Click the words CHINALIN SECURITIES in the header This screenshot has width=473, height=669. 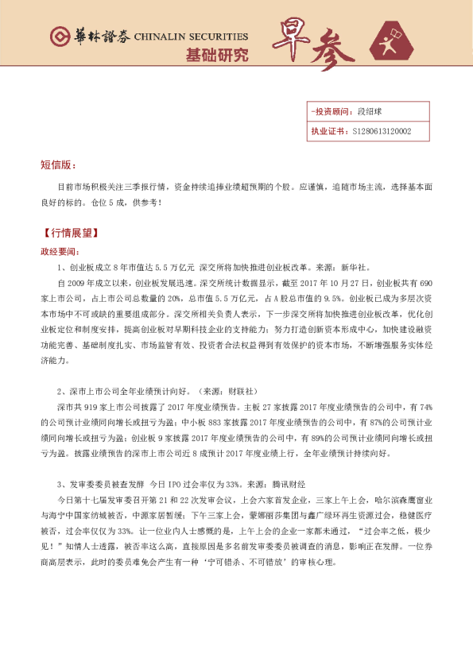[191, 37]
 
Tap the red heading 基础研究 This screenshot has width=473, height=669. [216, 56]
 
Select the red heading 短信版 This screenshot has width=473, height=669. [58, 165]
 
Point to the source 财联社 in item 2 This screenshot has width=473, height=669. [241, 391]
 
